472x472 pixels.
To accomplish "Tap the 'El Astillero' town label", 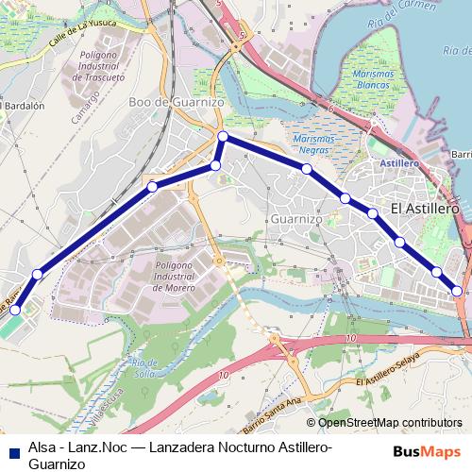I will [x=424, y=208].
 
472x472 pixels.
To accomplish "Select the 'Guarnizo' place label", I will [x=296, y=218].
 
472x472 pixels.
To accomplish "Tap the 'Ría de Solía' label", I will [x=144, y=365].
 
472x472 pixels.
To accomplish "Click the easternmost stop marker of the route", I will [x=458, y=291].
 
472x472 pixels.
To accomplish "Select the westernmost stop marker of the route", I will [x=14, y=310].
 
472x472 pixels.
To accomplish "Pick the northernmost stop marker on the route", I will [x=224, y=138].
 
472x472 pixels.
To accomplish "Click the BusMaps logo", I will [x=433, y=451].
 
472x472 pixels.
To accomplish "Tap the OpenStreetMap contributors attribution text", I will [x=383, y=424].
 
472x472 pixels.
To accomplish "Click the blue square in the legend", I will [x=13, y=451].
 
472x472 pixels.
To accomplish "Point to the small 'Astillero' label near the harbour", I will [x=398, y=162].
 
